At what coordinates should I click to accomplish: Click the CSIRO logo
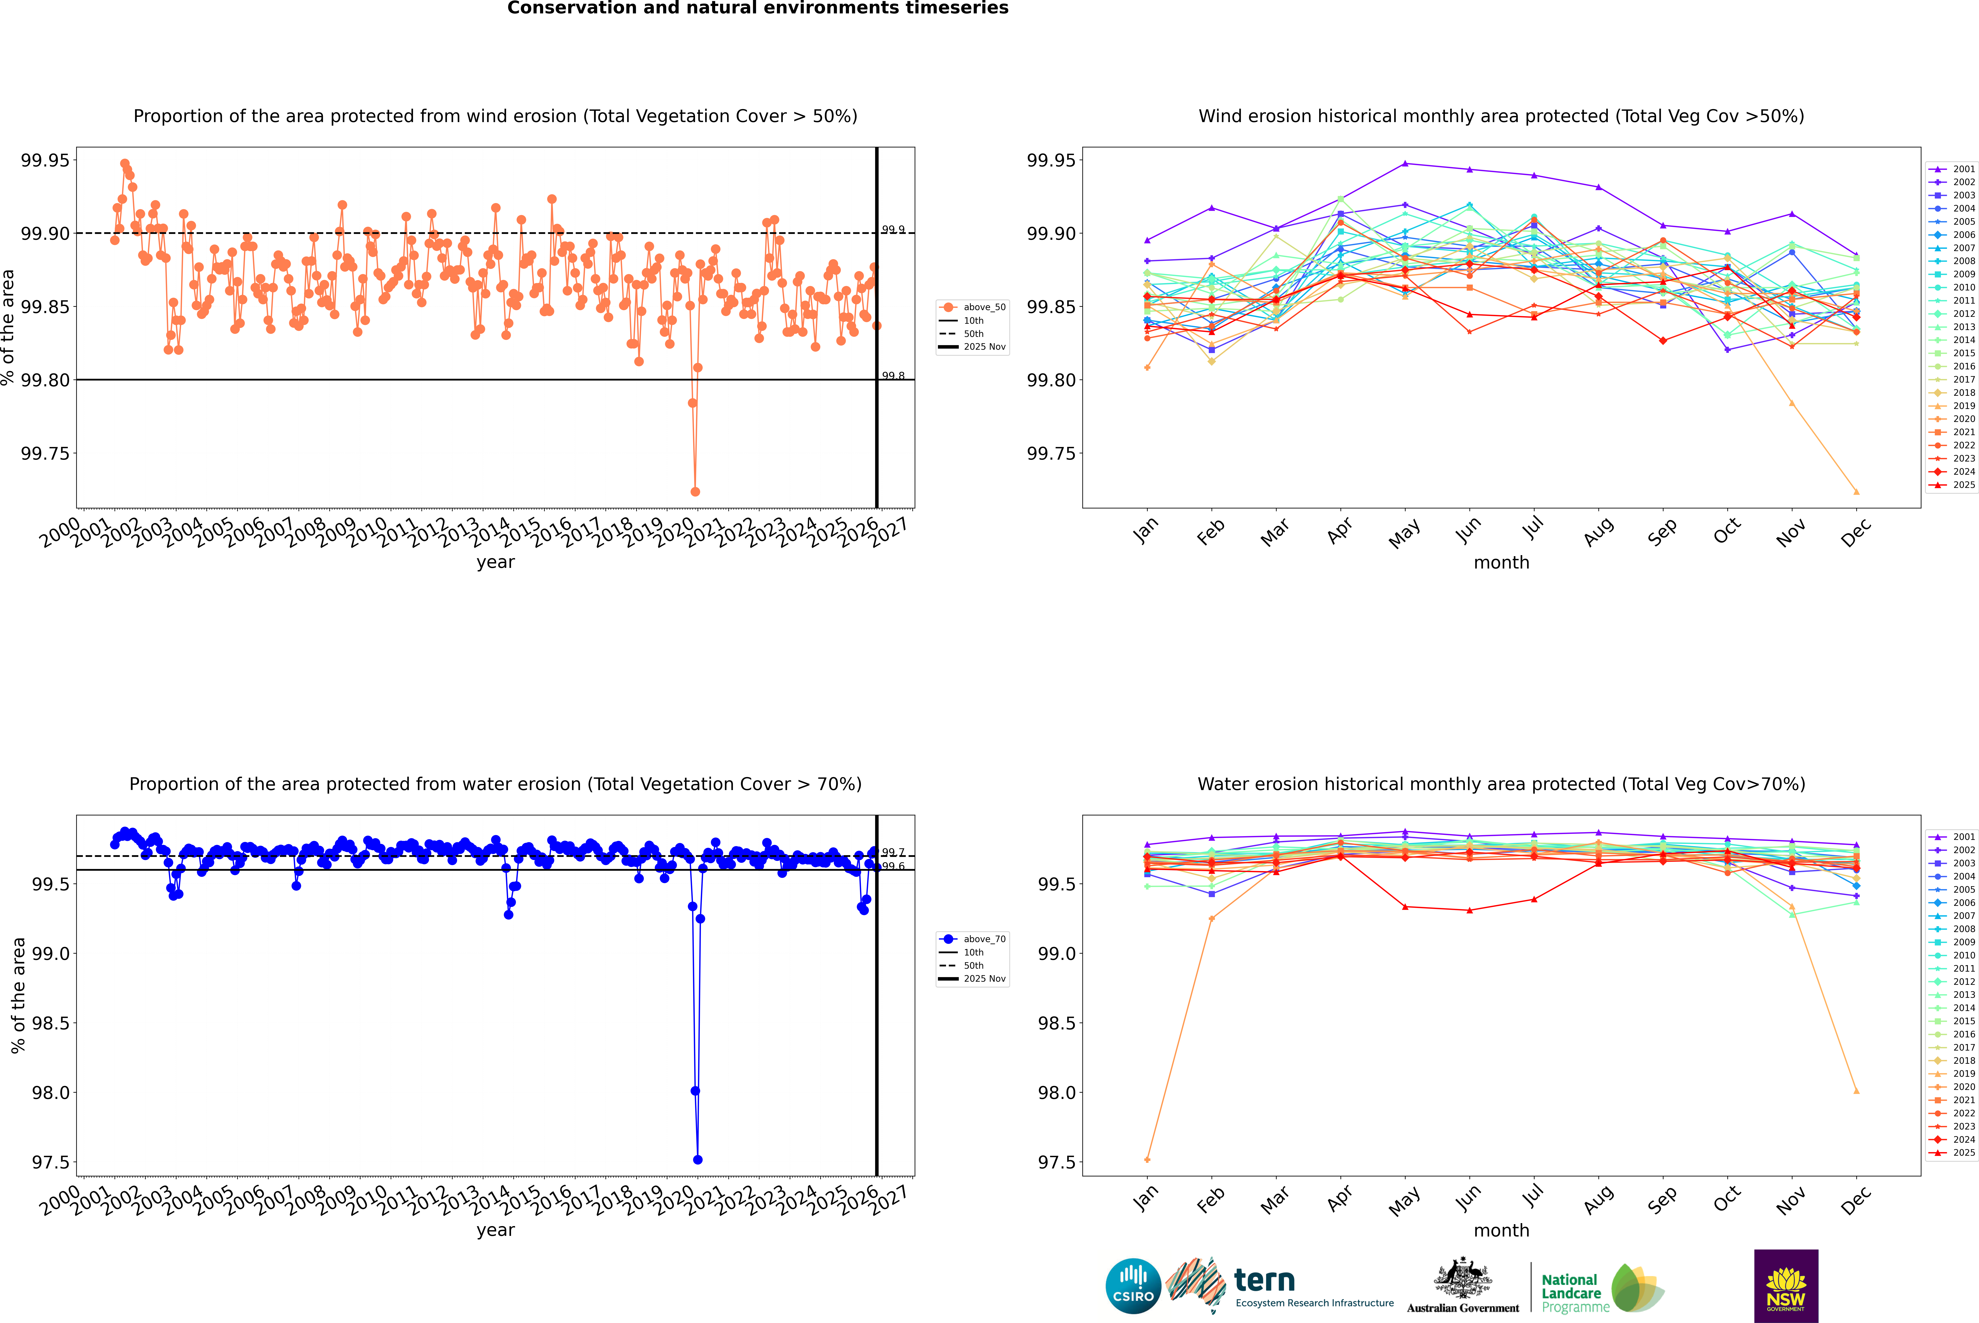click(x=1133, y=1286)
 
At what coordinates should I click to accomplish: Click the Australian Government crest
click(x=1462, y=1279)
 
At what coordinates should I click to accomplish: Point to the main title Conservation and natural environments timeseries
click(x=757, y=8)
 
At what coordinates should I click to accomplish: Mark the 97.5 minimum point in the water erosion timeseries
click(x=698, y=1159)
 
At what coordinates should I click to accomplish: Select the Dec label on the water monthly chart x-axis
click(x=1856, y=1200)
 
